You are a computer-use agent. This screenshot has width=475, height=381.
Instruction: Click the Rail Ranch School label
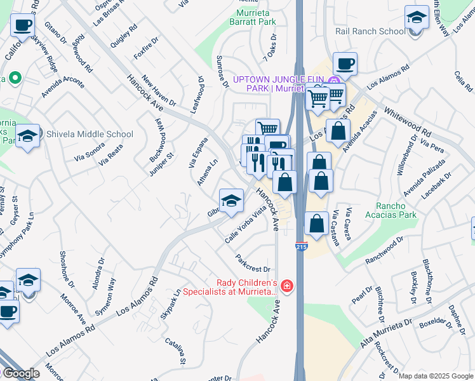pos(370,31)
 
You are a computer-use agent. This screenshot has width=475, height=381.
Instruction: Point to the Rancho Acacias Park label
pos(396,210)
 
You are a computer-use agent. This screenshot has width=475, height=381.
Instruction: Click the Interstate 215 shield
pos(301,246)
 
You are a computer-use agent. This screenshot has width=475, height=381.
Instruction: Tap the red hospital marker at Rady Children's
pos(286,286)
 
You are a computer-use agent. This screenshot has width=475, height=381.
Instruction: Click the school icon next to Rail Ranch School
pos(417,17)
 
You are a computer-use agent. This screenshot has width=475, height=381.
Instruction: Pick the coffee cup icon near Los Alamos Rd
pos(345,63)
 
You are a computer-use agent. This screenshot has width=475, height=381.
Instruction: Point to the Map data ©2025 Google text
pos(436,376)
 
